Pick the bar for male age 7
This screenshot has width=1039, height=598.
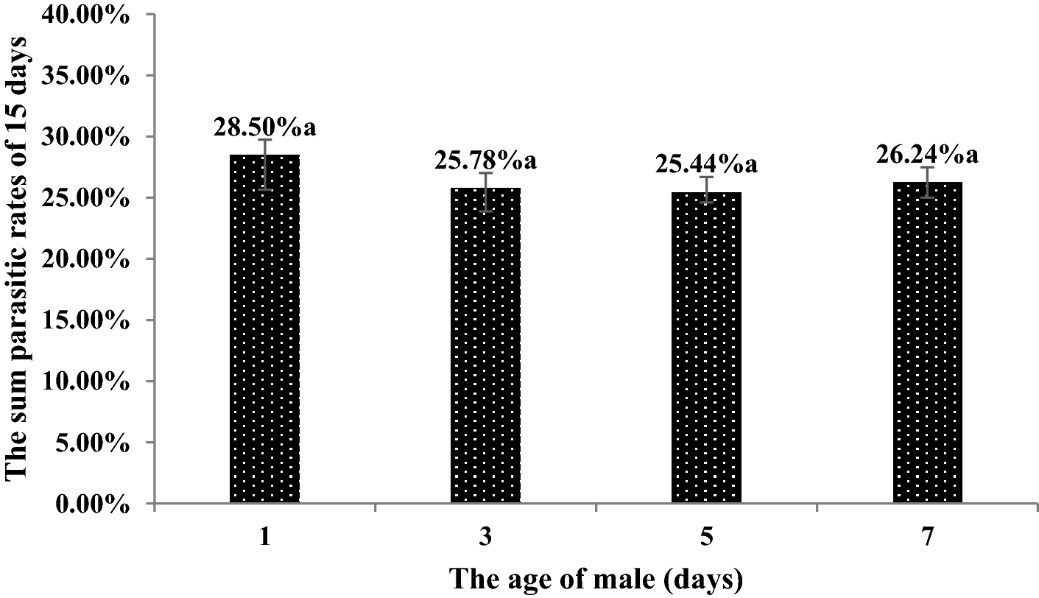[x=927, y=342]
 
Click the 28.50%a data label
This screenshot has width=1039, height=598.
[x=264, y=127]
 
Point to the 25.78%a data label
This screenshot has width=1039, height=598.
[x=485, y=161]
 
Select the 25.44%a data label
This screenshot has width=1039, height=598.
[x=706, y=164]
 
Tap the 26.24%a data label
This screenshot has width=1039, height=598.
[x=927, y=155]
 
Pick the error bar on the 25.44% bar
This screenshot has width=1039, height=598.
[x=706, y=189]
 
